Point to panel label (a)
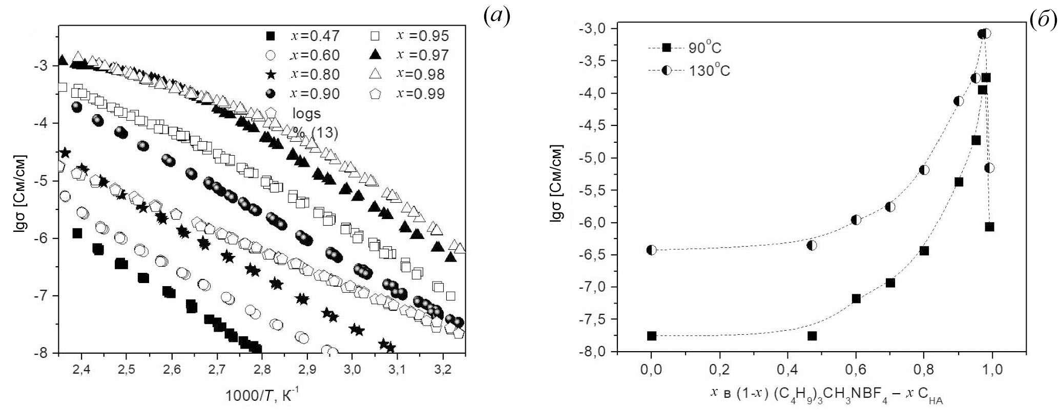coord(496,17)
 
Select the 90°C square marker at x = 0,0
coord(651,336)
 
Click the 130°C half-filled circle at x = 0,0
coord(651,250)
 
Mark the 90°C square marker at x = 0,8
coord(924,250)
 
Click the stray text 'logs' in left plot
coord(306,113)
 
